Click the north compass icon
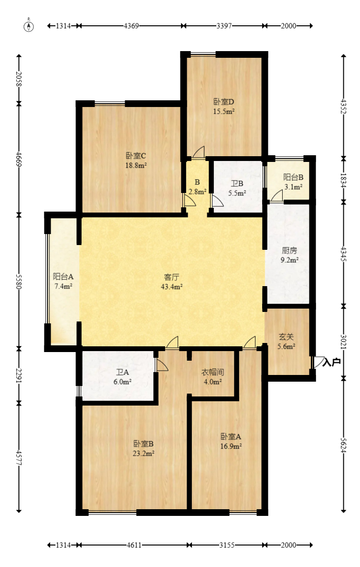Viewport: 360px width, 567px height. click(29, 26)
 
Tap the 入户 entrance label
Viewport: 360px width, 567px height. click(331, 362)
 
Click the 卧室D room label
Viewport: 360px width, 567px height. click(224, 102)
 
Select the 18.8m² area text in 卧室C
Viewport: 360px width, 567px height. click(136, 166)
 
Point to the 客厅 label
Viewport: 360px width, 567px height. click(171, 278)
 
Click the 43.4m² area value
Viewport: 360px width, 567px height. click(171, 287)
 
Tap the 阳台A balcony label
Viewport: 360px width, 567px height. click(63, 277)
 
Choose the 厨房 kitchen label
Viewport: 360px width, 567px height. click(289, 250)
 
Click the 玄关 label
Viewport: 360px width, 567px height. click(286, 337)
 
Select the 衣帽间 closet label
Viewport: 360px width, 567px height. click(212, 372)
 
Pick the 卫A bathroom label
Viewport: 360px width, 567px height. click(123, 372)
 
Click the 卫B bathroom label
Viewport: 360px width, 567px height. click(237, 183)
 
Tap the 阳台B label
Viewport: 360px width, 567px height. click(293, 177)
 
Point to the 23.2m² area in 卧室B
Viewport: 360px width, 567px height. click(144, 453)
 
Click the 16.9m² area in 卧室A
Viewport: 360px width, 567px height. click(231, 446)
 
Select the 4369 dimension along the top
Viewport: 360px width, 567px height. click(131, 26)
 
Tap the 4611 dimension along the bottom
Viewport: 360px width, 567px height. click(134, 545)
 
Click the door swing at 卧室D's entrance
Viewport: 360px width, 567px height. click(198, 152)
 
